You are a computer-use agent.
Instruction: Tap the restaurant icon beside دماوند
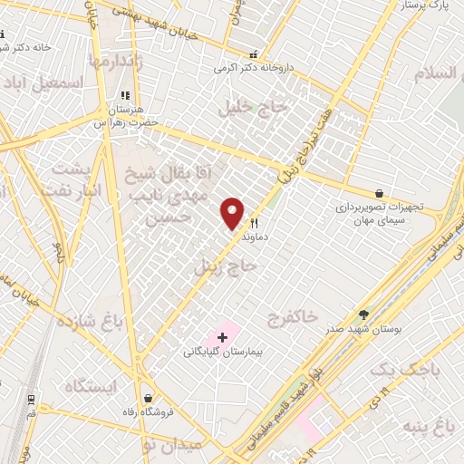pyautogui.click(x=255, y=224)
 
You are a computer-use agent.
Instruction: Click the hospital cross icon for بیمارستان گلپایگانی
pyautogui.click(x=222, y=337)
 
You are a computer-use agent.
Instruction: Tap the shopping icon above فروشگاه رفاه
pyautogui.click(x=148, y=398)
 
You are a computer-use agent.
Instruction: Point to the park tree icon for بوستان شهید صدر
pyautogui.click(x=363, y=314)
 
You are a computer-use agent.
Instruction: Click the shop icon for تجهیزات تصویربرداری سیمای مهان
pyautogui.click(x=379, y=193)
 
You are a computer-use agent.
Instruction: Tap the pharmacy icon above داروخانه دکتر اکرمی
pyautogui.click(x=253, y=53)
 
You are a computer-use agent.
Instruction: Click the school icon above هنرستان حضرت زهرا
pyautogui.click(x=125, y=94)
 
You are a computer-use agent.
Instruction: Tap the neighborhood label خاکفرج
pyautogui.click(x=293, y=316)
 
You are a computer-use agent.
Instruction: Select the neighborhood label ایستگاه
pyautogui.click(x=91, y=387)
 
